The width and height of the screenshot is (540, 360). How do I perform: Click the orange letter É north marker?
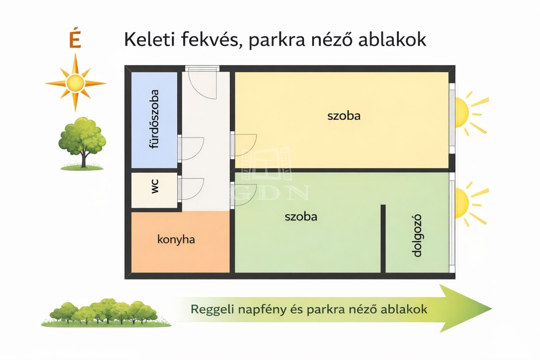pos(75,40)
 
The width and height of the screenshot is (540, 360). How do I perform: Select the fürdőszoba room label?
pos(154,119)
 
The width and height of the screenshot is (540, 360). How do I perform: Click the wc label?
pos(155,186)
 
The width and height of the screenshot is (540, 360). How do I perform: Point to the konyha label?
pos(176,240)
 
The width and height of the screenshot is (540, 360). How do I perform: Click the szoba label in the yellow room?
pos(344,116)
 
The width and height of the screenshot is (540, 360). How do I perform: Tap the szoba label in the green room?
pos(301,217)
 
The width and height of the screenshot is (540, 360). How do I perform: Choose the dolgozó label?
pos(417,235)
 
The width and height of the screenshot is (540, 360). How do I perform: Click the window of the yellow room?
pos(452,118)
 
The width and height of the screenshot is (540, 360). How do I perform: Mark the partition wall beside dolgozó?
pos(383,239)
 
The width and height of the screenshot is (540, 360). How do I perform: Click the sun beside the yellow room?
pos(470,113)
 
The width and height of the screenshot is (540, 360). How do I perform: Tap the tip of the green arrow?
pos(492,309)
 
